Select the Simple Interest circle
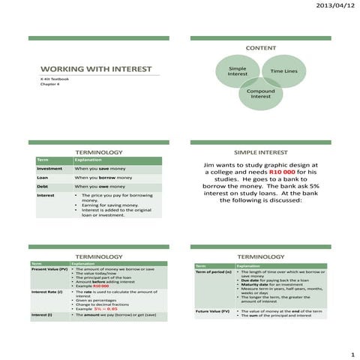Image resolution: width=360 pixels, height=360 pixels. point(237,71)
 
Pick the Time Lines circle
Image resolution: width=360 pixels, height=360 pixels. point(284,71)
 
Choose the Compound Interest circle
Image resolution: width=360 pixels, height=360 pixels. point(261,94)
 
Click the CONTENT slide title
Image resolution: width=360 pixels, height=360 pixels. point(260,47)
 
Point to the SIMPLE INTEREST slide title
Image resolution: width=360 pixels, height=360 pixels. point(260,151)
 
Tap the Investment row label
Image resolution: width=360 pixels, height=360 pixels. point(49,169)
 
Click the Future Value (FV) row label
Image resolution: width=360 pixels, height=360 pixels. point(214,311)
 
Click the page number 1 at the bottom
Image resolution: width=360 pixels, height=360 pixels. point(349,352)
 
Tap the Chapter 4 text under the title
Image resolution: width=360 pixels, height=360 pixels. point(49,85)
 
